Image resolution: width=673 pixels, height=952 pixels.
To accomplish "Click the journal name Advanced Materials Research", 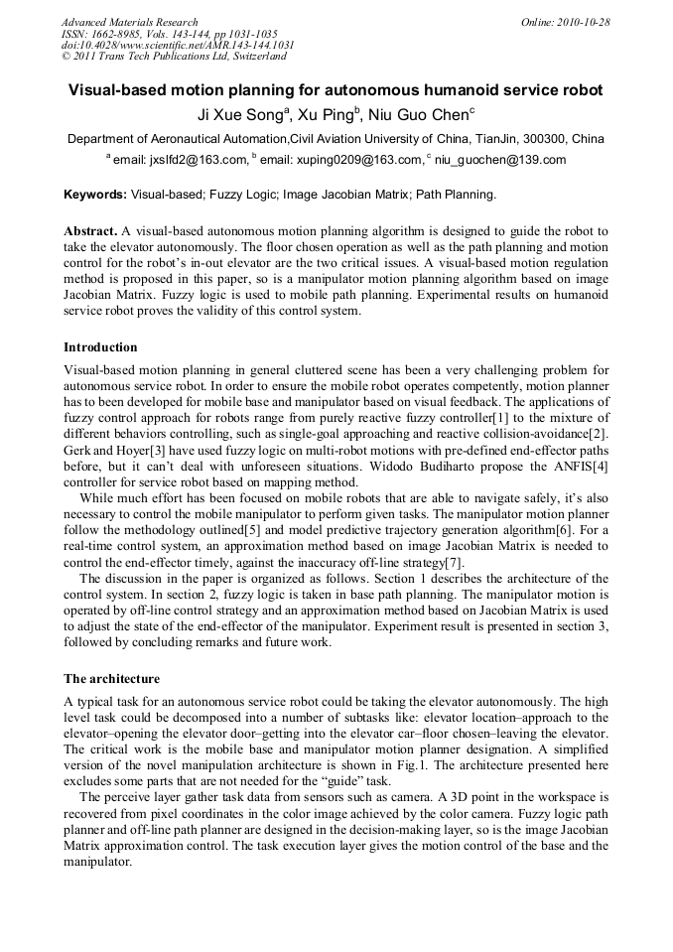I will pyautogui.click(x=129, y=22).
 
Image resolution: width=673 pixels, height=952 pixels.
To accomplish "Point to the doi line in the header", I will pyautogui.click(x=178, y=45).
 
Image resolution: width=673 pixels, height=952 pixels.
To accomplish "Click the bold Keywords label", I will pyautogui.click(x=95, y=195).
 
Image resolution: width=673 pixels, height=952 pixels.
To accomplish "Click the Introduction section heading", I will pyautogui.click(x=100, y=347).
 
